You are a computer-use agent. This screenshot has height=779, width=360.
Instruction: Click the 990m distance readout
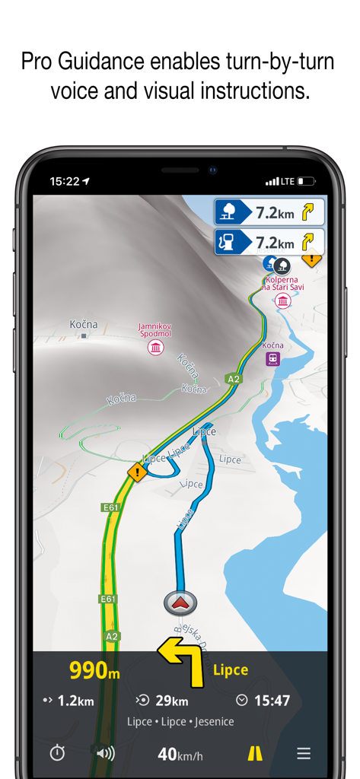pyautogui.click(x=94, y=670)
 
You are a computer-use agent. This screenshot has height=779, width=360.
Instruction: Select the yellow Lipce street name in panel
pyautogui.click(x=231, y=670)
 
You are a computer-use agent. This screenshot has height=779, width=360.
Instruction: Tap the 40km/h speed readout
pyautogui.click(x=181, y=754)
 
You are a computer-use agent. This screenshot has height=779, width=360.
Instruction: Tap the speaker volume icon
pyautogui.click(x=105, y=753)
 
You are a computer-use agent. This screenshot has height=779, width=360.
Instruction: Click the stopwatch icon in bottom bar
pyautogui.click(x=58, y=753)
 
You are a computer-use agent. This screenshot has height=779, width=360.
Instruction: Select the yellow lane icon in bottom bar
pyautogui.click(x=255, y=753)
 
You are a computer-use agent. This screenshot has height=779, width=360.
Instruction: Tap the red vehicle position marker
pyautogui.click(x=181, y=603)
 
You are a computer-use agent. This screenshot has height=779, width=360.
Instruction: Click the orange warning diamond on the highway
pyautogui.click(x=137, y=472)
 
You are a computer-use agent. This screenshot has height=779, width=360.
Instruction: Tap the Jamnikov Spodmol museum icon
pyautogui.click(x=156, y=348)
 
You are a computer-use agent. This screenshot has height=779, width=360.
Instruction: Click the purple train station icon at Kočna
pyautogui.click(x=272, y=359)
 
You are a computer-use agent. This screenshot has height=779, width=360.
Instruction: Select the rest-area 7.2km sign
pyautogui.click(x=269, y=211)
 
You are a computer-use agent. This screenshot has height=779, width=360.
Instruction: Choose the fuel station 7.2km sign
pyautogui.click(x=269, y=242)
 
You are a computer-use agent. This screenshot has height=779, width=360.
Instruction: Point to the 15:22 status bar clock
pyautogui.click(x=65, y=181)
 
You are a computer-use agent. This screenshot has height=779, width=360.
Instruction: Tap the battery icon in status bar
pyautogui.click(x=306, y=181)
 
